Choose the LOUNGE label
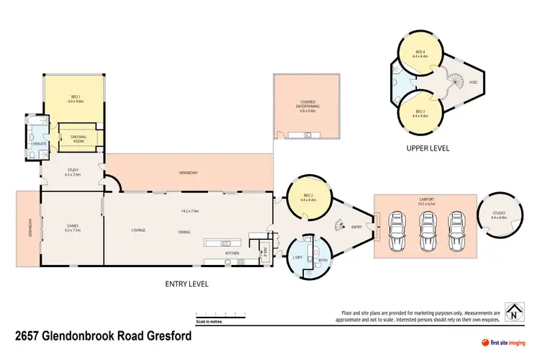139,230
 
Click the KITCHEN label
233,253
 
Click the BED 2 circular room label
307,197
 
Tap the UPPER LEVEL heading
428,148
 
